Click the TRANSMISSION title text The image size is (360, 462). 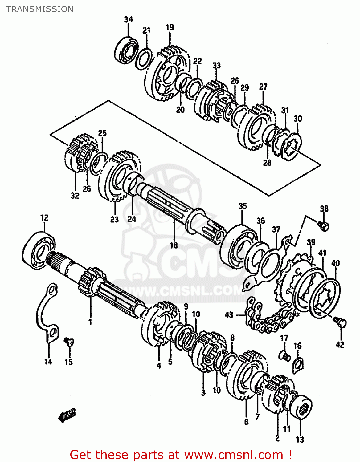coord(40,9)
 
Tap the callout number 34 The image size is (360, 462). coord(128,19)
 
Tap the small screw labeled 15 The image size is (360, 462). coord(68,341)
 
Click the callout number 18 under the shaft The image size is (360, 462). coord(174,245)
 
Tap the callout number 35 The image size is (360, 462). coord(243,206)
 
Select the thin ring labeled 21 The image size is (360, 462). coord(144,58)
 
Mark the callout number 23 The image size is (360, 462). coord(114,219)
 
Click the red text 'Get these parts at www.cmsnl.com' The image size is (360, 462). coord(181,455)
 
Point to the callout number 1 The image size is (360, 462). coord(90,322)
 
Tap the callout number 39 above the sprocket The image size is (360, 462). coord(311,242)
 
